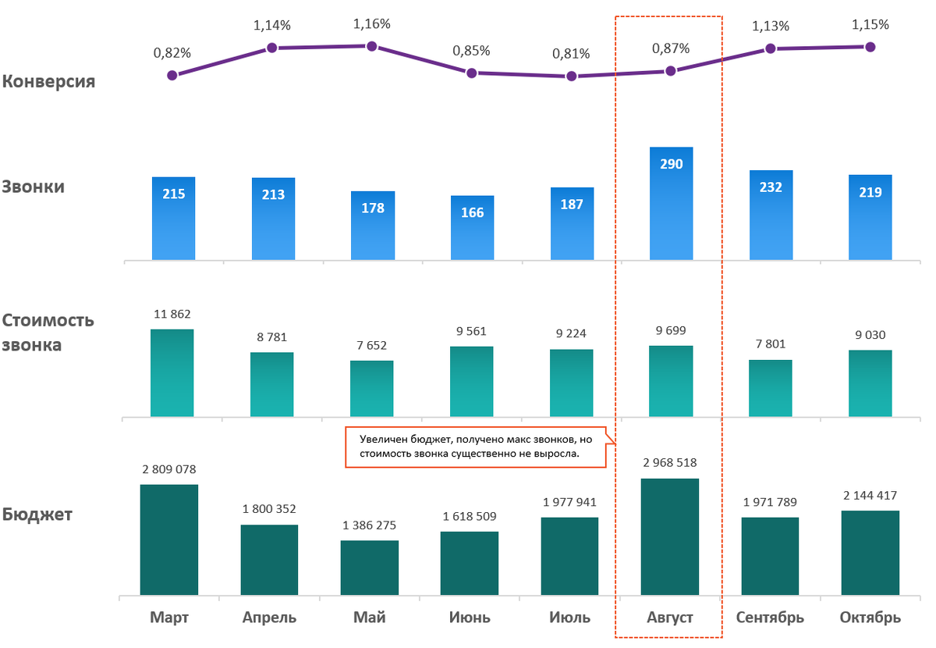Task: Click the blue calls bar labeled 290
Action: click(x=671, y=203)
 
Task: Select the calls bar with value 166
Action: click(x=472, y=227)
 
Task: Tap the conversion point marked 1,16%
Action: click(x=372, y=46)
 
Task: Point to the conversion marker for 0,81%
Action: click(x=572, y=77)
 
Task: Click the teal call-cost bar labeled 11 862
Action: click(x=172, y=372)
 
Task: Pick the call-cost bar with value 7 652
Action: click(x=372, y=388)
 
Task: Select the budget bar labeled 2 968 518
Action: click(x=670, y=537)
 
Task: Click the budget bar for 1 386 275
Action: click(x=370, y=568)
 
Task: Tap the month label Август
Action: click(x=670, y=618)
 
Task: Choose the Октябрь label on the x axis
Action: click(x=870, y=618)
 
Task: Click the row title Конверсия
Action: click(x=49, y=81)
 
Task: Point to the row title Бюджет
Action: click(x=37, y=515)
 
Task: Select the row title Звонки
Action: click(x=34, y=187)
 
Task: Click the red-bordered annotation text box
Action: click(x=476, y=447)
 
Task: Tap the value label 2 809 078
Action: click(x=169, y=470)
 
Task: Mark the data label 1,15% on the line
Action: click(x=870, y=25)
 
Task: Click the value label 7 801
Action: click(x=771, y=344)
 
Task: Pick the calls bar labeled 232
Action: click(x=771, y=215)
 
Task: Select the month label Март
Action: click(x=170, y=618)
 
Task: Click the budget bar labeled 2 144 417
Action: click(x=870, y=553)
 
